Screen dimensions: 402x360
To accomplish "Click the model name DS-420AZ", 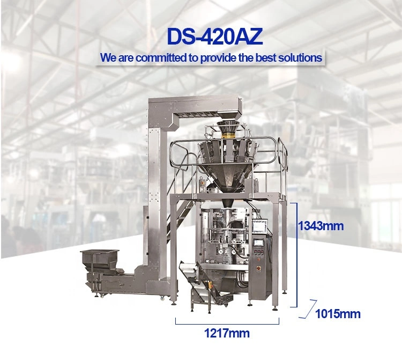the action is tap(214, 36).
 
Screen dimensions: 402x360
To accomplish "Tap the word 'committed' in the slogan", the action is tap(161, 58).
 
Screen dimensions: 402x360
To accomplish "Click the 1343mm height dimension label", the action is tap(321, 226).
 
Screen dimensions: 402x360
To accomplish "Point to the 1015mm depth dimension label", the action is tap(337, 314).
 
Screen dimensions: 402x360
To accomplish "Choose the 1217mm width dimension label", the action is tap(227, 333).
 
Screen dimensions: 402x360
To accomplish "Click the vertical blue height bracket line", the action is tap(297, 254).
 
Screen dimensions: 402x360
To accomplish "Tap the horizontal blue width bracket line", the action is tap(227, 324).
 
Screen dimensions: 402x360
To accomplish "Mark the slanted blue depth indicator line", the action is tap(308, 309).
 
